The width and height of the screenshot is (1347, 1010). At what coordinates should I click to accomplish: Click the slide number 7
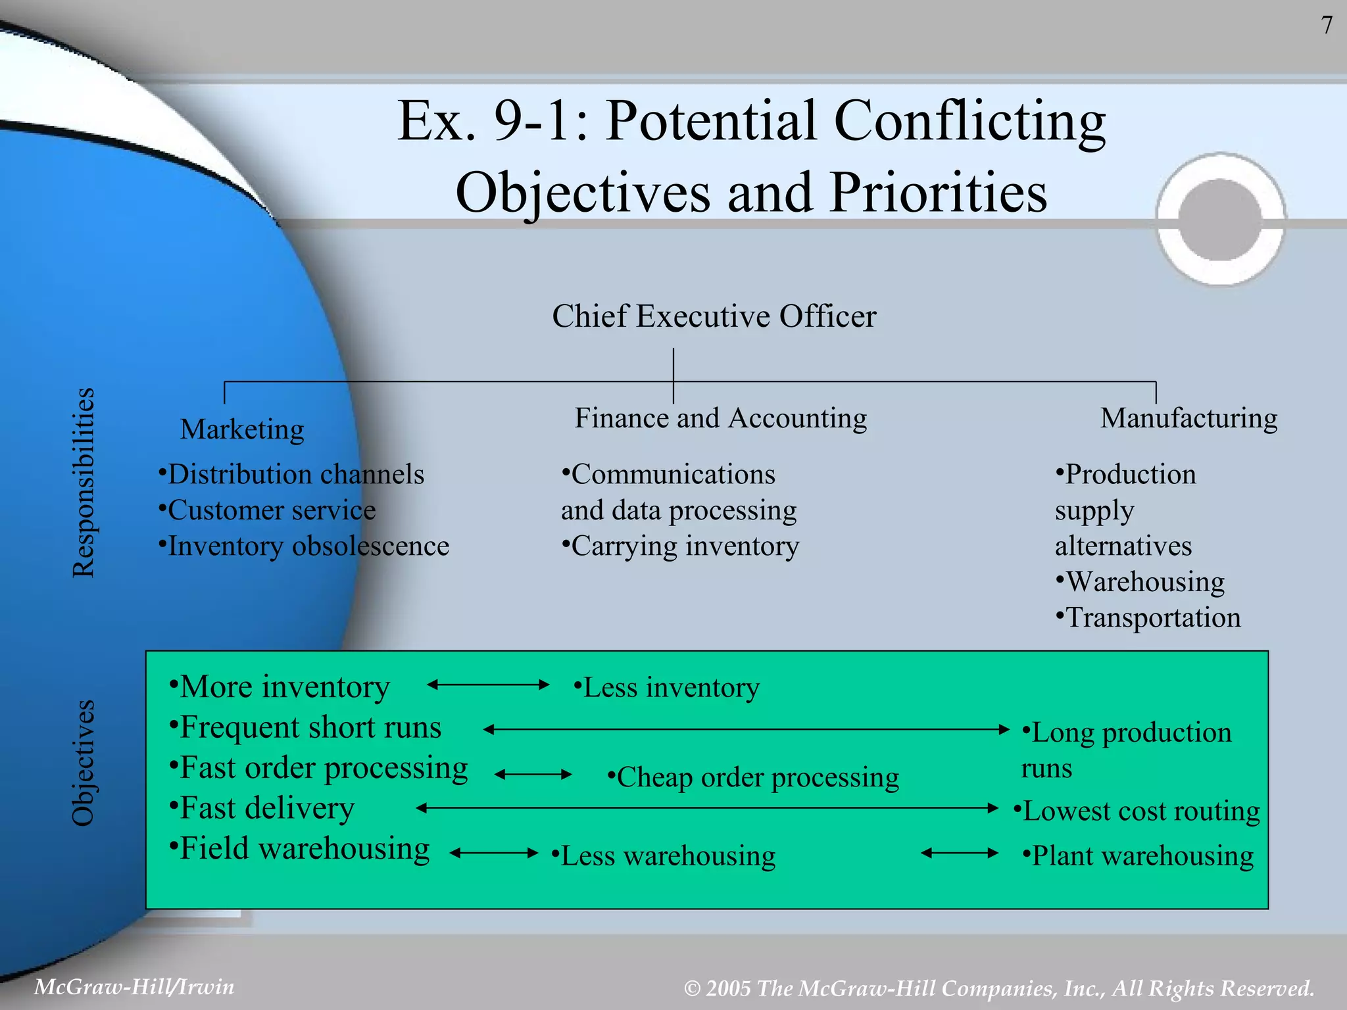tap(1327, 26)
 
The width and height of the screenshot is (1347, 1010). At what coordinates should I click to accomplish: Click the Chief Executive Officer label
tap(714, 316)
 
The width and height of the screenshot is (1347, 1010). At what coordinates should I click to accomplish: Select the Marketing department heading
tap(242, 429)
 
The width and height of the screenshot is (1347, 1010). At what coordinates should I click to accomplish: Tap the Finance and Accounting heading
tap(720, 418)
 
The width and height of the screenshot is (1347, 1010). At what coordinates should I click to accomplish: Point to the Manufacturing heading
tap(1188, 418)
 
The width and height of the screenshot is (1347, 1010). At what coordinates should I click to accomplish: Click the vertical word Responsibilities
tap(84, 483)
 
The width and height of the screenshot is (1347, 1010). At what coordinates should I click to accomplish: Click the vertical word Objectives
tap(84, 763)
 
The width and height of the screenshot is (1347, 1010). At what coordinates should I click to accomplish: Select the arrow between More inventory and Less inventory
tap(488, 685)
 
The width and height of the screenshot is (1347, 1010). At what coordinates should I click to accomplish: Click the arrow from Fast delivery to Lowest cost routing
tap(707, 808)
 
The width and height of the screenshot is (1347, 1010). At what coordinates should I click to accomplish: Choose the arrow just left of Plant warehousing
tap(960, 854)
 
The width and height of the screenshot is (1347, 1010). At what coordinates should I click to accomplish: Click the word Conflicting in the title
tap(969, 122)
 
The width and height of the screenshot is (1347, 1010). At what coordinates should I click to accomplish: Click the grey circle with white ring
tap(1221, 220)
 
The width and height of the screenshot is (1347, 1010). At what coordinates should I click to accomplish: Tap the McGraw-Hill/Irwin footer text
tap(134, 987)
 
